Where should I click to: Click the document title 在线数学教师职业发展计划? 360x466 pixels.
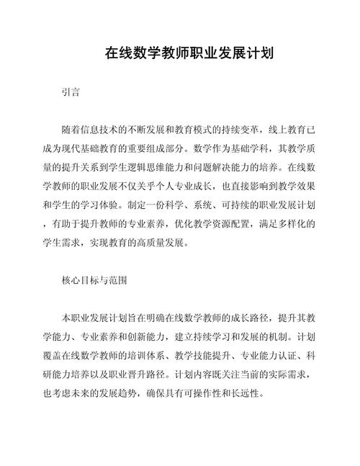[179, 53]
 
